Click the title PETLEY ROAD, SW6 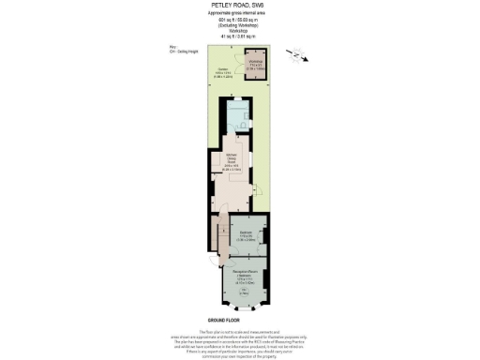click(239, 6)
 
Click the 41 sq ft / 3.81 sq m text click(239, 36)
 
